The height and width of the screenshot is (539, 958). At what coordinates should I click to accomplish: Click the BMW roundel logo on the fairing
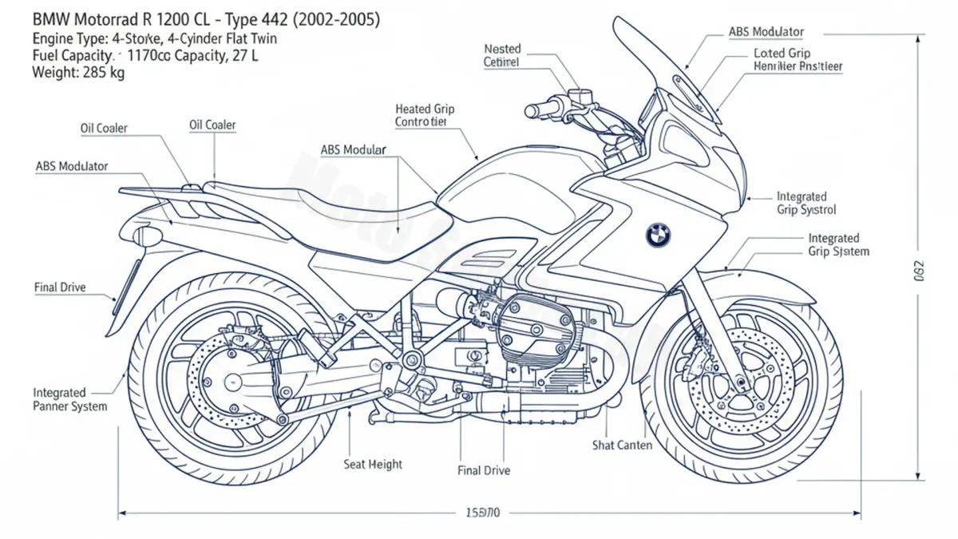click(659, 234)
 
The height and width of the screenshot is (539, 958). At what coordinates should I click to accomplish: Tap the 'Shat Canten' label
click(623, 445)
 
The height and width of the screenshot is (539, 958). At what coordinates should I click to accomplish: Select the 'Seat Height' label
click(373, 464)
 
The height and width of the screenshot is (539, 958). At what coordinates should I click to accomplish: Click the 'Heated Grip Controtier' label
click(425, 115)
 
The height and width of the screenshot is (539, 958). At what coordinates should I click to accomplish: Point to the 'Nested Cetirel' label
click(502, 55)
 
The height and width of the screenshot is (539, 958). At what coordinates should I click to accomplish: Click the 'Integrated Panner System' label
click(69, 399)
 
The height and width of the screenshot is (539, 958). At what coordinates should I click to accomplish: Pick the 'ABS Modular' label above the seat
click(353, 149)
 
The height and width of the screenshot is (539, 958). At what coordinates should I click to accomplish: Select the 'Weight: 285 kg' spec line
click(77, 72)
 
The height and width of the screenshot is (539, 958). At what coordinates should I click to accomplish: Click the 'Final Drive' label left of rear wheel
click(60, 287)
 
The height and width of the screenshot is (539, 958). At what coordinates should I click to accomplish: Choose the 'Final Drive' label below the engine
click(484, 470)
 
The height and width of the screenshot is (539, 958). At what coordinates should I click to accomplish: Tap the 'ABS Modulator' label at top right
click(766, 32)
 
